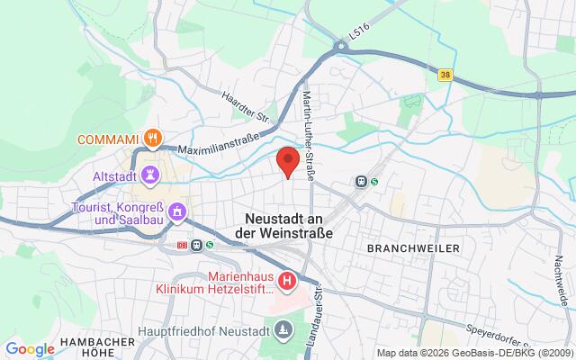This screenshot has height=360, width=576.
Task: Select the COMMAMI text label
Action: click(108, 139)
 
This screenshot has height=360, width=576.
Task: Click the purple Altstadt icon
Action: click(150, 174)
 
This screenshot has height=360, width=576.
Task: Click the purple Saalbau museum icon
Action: click(178, 213)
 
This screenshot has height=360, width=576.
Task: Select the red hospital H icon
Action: click(287, 282)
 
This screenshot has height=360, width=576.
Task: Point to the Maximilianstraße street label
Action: click(219, 144)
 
